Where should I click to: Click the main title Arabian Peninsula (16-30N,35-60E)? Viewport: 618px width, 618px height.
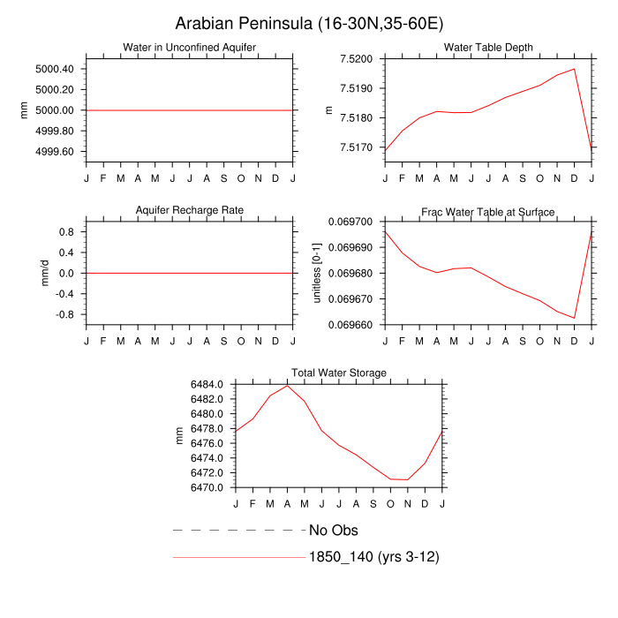point(309,24)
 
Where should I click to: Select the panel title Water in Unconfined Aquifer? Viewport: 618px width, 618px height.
point(190,47)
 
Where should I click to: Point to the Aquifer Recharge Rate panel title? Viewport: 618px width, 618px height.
point(190,209)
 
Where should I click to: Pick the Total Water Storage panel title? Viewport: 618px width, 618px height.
point(339,373)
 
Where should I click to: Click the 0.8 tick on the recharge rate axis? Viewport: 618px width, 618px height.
point(64,232)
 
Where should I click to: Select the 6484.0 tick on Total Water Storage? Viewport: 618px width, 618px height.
point(208,385)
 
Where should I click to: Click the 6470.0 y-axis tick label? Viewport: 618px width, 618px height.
point(208,487)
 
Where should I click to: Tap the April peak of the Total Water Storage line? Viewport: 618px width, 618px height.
point(287,385)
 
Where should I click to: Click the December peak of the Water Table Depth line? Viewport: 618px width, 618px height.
point(574,69)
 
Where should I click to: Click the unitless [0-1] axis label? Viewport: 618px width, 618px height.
point(320,274)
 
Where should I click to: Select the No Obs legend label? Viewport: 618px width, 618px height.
point(334,531)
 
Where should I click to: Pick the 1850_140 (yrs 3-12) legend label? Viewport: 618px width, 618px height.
point(374,557)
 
